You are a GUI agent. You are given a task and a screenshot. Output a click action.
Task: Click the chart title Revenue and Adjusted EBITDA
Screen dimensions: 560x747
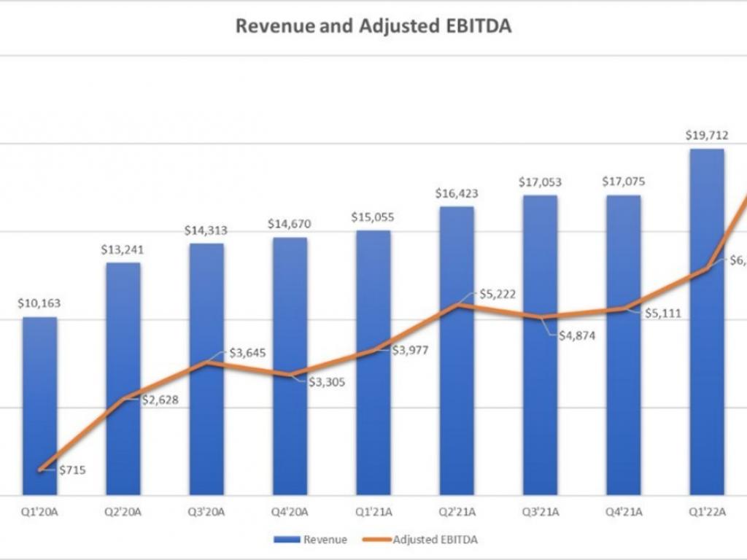(x=373, y=26)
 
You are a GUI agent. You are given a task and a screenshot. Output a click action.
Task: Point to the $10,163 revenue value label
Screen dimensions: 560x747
(x=39, y=303)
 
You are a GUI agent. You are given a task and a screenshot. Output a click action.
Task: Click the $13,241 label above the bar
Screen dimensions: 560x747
(x=123, y=249)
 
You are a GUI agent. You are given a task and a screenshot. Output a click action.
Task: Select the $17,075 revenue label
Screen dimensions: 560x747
(x=623, y=182)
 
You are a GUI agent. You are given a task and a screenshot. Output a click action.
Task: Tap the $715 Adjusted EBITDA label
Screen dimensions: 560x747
(x=71, y=470)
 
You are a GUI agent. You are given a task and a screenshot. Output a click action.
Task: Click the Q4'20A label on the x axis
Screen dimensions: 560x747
(x=290, y=512)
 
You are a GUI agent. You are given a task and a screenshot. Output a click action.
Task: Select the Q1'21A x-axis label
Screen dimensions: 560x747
(x=373, y=512)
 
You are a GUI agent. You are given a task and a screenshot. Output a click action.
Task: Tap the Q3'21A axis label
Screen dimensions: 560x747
(x=540, y=512)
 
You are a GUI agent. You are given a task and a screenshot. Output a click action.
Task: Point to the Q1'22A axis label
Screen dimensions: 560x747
(x=707, y=512)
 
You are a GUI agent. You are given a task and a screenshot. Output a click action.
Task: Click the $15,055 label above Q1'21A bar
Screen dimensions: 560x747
(x=373, y=217)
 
